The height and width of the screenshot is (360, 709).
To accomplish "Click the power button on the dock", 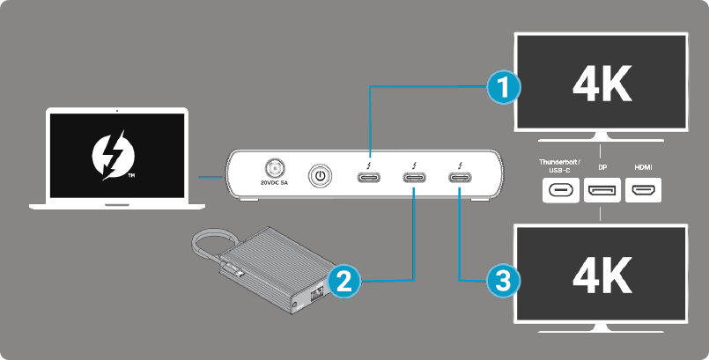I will point(321,176).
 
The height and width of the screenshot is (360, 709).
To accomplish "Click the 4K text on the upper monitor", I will point(602,85).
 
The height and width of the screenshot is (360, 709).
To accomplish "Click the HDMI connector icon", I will point(643,190).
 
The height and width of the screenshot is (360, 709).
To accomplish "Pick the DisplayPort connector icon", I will point(602,190).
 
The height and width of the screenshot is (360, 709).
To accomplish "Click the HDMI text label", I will point(643,166).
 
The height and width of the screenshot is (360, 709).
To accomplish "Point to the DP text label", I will point(602,166).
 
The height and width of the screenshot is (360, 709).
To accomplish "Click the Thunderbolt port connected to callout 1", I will point(371,177).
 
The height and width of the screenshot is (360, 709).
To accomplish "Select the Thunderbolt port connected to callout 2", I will point(415,177).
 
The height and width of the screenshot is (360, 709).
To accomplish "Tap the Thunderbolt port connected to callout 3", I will point(460,177).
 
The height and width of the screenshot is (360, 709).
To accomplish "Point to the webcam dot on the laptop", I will point(117,112).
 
